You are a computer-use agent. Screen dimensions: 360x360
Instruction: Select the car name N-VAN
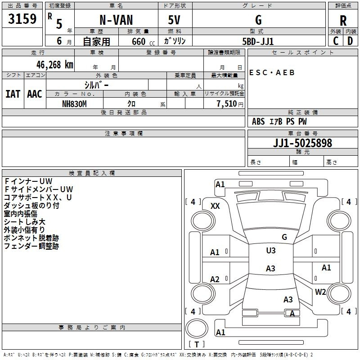pyautogui.click(x=116, y=20)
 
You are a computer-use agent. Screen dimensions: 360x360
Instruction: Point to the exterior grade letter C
pyautogui.click(x=335, y=40)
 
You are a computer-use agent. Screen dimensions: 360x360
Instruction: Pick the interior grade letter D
pyautogui.click(x=350, y=40)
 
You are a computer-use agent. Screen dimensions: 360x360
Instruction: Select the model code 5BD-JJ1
pyautogui.click(x=258, y=41)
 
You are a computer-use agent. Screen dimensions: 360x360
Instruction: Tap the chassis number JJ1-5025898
pyautogui.click(x=302, y=143)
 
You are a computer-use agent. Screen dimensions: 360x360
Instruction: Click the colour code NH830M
pyautogui.click(x=74, y=103)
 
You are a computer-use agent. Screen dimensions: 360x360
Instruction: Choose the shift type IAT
pyautogui.click(x=13, y=94)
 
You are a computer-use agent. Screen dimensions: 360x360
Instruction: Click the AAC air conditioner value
pyautogui.click(x=35, y=94)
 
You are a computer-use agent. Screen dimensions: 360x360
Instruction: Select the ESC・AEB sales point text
pyautogui.click(x=272, y=72)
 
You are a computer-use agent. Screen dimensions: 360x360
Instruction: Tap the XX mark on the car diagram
pyautogui.click(x=215, y=206)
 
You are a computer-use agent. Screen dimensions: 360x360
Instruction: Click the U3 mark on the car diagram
pyautogui.click(x=270, y=251)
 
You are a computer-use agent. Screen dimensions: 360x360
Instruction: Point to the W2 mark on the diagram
pyautogui.click(x=320, y=292)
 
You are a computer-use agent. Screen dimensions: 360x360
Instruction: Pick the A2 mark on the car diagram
pyautogui.click(x=215, y=279)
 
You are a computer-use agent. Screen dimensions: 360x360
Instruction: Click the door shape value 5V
pyautogui.click(x=175, y=20)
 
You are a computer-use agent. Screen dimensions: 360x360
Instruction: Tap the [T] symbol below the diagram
pyautogui.click(x=197, y=344)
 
